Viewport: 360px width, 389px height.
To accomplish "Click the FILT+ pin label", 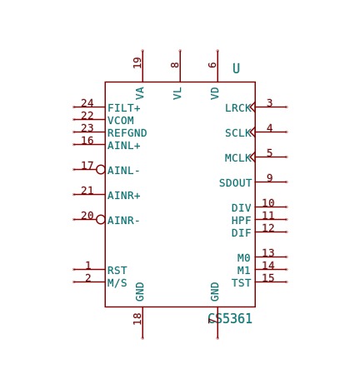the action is point(124,107).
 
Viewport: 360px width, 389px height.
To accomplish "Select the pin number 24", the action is point(87,103).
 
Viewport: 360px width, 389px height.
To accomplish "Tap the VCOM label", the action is point(121,121).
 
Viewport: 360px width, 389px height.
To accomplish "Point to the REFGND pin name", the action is point(127,133).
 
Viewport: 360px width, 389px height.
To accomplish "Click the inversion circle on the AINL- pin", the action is point(101,169).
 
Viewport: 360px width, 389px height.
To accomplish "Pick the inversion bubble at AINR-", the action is point(101,219).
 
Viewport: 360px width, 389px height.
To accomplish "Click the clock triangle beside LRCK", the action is point(252,107).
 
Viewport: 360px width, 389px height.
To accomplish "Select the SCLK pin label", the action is point(238,133).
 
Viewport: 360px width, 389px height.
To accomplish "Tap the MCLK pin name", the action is point(238,158).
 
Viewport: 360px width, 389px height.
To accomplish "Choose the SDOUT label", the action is point(235,183).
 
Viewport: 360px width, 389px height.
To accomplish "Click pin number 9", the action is point(269,178).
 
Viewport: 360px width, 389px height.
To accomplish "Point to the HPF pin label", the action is point(242,221).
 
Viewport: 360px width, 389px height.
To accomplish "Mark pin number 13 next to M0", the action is point(268,253).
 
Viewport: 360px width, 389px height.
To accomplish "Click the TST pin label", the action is point(242,283).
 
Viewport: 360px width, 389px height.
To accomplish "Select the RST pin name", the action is point(117,270).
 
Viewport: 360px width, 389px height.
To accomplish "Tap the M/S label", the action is point(117,283).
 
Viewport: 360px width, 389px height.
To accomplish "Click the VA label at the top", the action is point(140,93).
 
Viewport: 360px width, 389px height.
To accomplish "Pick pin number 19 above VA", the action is point(137,62).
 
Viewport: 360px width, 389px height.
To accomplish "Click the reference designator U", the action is point(236,68).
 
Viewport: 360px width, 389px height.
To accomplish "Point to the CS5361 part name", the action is point(230,318).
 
